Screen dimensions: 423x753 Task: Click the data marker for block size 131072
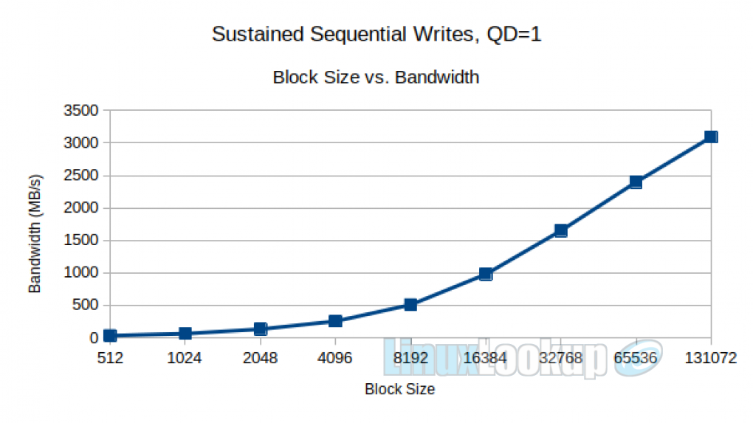click(x=710, y=137)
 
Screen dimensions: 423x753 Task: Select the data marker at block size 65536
click(x=636, y=182)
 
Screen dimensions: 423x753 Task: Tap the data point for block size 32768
click(x=560, y=230)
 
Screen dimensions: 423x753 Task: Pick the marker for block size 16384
click(x=485, y=274)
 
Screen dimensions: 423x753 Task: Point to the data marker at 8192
click(x=410, y=304)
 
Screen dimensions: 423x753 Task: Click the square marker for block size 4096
click(x=335, y=320)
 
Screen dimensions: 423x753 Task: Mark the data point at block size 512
click(x=110, y=335)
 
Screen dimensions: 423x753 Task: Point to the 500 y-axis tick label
click(x=86, y=306)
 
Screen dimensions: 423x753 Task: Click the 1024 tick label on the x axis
click(x=185, y=359)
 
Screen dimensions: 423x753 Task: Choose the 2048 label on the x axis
click(x=260, y=359)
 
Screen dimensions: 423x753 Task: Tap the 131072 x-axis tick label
click(x=710, y=359)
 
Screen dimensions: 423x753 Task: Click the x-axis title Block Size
click(x=399, y=389)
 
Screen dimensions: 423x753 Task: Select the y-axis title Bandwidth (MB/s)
click(x=35, y=234)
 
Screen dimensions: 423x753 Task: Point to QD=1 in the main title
click(x=515, y=35)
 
